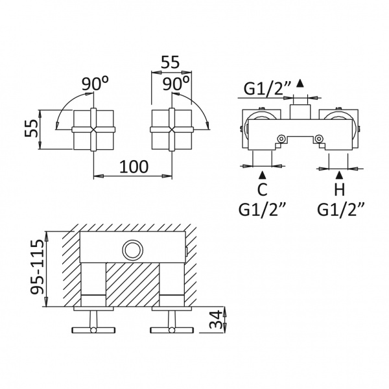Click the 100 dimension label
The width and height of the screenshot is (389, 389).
[x=134, y=167]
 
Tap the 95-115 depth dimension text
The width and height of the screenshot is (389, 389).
[x=37, y=266]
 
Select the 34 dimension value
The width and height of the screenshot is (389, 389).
[x=216, y=319]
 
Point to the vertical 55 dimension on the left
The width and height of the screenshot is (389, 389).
[x=32, y=128]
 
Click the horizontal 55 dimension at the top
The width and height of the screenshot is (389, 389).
[x=170, y=62]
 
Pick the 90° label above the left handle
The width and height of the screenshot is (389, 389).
[x=95, y=84]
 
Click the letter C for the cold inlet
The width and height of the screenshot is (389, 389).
[x=262, y=190]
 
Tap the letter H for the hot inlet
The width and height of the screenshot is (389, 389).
[x=340, y=190]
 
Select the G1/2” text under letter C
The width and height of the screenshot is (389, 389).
[x=263, y=210]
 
